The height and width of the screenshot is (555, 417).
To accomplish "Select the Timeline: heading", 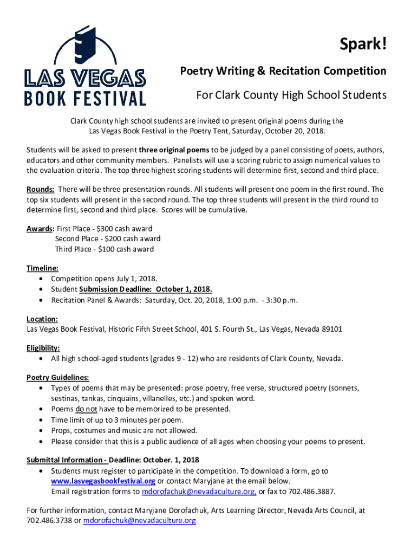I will click(43, 268).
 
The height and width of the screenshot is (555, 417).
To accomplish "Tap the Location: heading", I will click(42, 320).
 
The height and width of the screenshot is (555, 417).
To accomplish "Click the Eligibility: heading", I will click(43, 348).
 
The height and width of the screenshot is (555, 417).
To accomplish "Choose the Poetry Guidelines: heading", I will click(58, 378).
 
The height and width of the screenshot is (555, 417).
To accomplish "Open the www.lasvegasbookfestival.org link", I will click(103, 481).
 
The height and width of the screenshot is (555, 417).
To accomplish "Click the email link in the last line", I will click(139, 521).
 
